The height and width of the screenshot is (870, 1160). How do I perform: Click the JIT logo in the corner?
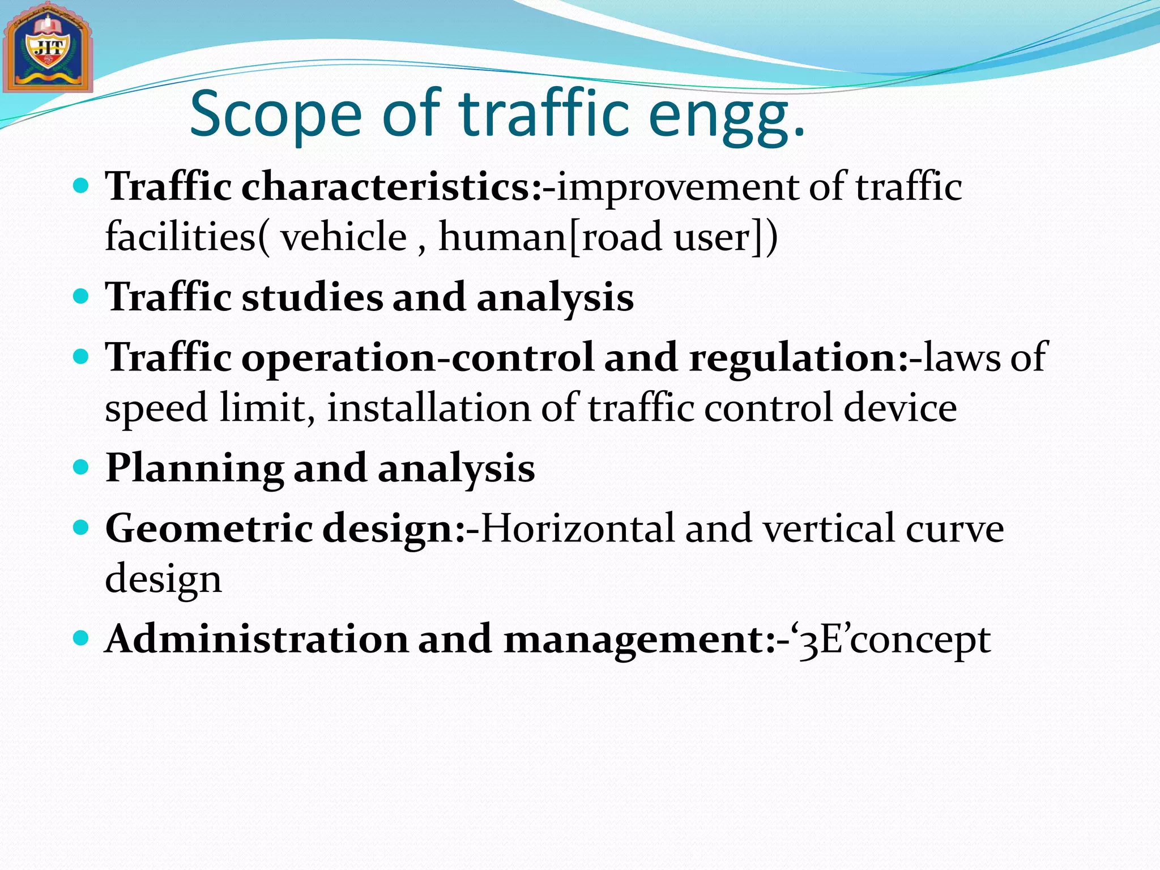(x=48, y=49)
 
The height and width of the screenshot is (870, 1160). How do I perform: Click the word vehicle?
(x=344, y=237)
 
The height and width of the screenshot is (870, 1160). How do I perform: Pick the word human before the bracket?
(x=502, y=237)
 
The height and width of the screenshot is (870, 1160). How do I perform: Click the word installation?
(x=429, y=408)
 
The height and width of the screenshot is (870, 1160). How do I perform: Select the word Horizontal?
(x=577, y=528)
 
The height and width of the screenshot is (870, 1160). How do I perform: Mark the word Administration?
(x=257, y=639)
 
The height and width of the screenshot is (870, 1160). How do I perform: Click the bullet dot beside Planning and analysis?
(x=82, y=467)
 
